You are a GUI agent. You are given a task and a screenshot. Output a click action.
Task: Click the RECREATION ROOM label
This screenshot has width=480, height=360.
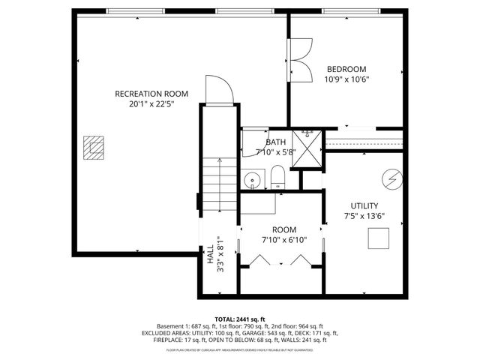151,94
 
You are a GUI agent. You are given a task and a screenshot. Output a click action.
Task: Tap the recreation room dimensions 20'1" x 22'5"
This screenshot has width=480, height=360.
151,105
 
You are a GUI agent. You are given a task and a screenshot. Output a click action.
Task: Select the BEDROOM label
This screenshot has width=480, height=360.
346,68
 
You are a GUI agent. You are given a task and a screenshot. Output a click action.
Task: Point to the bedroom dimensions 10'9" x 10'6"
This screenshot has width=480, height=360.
346,79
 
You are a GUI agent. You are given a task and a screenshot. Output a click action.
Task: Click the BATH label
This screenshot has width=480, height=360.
275,142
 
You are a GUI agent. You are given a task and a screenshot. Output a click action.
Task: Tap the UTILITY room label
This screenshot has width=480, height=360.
364,205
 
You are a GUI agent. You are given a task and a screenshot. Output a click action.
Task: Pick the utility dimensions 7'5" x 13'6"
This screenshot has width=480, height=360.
364,217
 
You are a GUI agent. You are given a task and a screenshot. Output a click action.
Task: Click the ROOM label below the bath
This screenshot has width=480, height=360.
283,229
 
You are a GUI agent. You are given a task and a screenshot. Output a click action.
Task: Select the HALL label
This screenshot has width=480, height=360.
209,255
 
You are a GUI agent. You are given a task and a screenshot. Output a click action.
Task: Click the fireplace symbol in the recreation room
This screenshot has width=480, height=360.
93,147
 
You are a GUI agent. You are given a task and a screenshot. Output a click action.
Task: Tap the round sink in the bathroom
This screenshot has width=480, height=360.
253,180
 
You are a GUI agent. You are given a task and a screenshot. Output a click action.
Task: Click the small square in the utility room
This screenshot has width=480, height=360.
378,238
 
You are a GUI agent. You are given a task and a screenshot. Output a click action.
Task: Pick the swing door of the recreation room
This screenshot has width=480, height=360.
217,89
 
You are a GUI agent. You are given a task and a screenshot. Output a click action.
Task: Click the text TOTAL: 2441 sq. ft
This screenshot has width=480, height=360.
240,318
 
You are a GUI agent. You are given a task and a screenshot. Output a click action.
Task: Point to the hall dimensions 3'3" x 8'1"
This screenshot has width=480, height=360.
220,255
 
